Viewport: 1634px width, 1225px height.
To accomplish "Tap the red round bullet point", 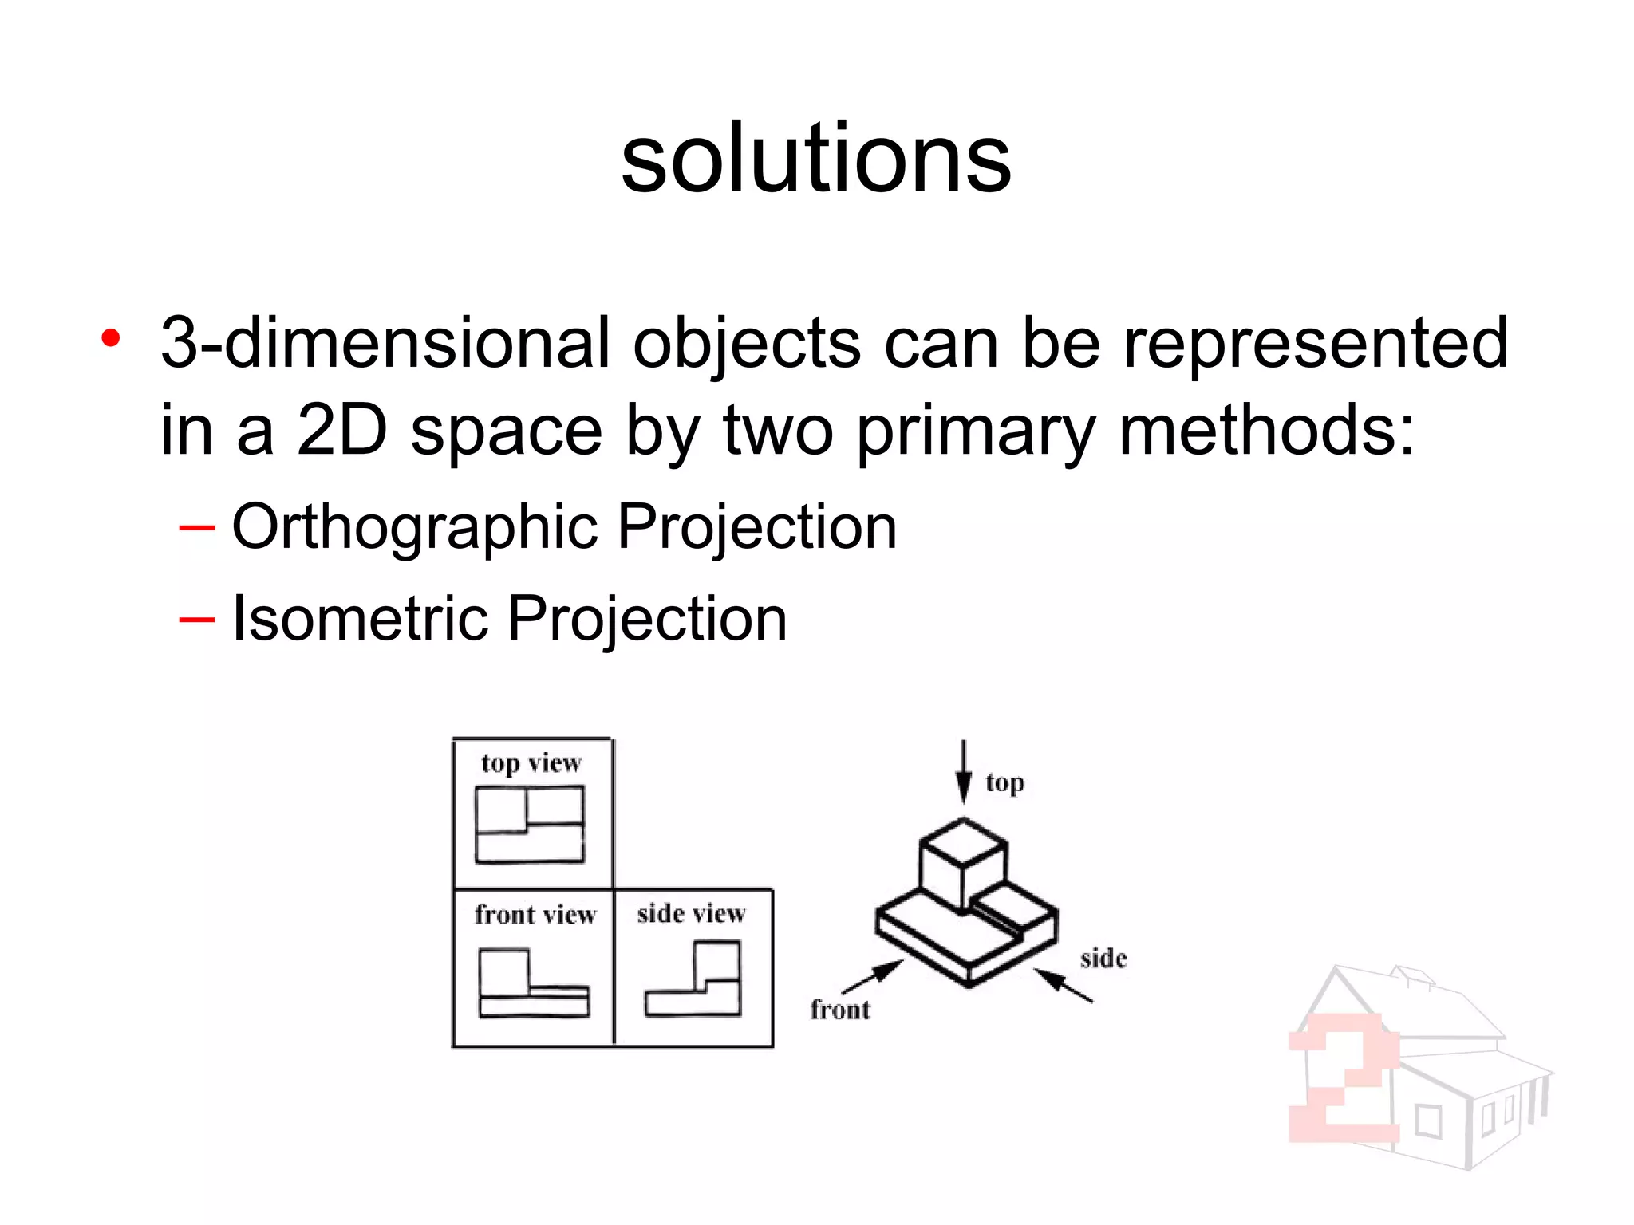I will click(x=111, y=338).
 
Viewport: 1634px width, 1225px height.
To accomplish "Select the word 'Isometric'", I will click(x=359, y=618).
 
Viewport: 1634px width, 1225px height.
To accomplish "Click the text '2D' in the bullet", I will click(x=341, y=431).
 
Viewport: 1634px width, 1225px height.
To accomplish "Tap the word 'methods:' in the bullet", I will click(x=1265, y=431).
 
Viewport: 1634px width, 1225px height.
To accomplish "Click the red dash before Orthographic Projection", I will click(x=196, y=528).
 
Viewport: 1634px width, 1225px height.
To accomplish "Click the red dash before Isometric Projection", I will click(x=196, y=620).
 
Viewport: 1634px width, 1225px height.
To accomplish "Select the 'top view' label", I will click(x=531, y=763).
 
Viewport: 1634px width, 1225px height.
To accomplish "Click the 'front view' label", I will click(x=535, y=914).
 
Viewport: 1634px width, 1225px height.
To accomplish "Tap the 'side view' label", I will click(x=691, y=913).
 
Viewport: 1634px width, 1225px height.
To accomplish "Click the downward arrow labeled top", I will click(x=964, y=770).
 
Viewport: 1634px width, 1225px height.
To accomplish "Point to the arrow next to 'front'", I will click(x=874, y=977).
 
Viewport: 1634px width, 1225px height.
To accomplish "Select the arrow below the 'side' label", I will click(x=1064, y=985).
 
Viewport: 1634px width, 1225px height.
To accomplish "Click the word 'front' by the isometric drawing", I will click(x=839, y=1010).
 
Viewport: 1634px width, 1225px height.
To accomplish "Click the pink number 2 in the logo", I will click(x=1344, y=1077).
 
